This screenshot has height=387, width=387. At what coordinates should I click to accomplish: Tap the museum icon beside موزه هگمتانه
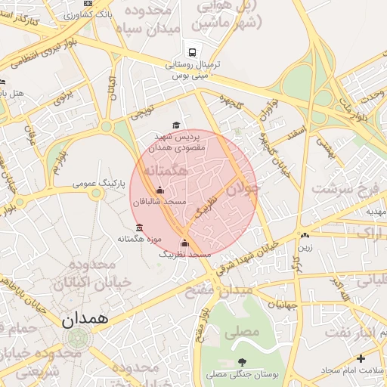(x=138, y=228)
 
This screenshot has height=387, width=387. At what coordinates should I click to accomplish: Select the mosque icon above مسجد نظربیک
(x=185, y=243)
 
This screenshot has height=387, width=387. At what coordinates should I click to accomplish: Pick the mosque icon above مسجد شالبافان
(x=159, y=190)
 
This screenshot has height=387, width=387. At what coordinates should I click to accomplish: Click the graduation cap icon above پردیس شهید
(x=176, y=125)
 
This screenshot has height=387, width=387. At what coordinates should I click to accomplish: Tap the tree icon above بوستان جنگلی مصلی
(x=242, y=363)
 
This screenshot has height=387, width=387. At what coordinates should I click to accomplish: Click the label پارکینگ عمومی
(x=98, y=184)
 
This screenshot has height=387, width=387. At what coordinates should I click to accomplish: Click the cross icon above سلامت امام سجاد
(x=361, y=358)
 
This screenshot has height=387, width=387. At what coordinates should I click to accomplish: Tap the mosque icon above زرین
(x=305, y=235)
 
